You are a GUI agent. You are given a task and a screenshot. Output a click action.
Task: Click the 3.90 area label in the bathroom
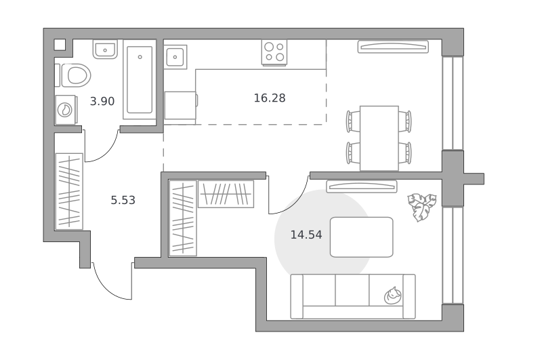pos(102,101)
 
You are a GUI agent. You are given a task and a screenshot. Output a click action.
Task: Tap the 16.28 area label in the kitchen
pos(270,98)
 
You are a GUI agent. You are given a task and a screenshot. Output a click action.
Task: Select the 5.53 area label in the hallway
pos(123,200)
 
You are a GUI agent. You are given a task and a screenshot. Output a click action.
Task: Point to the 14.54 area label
pos(306,235)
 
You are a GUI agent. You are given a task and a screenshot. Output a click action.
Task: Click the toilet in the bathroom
pos(75,75)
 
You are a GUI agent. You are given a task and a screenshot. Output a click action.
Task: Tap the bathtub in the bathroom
pos(140,80)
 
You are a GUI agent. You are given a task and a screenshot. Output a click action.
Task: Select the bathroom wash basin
pos(105,49)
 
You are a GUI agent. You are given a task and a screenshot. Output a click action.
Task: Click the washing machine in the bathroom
pos(65,110)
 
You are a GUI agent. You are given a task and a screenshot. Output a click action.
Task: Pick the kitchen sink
pos(175,57)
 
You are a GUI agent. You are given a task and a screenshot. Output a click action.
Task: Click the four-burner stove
pos(274,52)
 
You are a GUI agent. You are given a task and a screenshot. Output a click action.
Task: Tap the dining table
pos(379,138)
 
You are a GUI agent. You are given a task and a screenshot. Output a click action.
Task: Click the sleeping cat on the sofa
pos(393,296)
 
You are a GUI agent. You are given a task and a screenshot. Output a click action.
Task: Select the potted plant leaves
pos(421,207)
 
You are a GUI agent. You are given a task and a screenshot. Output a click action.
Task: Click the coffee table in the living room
pos(362,237)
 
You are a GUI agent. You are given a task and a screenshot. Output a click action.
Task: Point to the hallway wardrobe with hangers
pos(69,191)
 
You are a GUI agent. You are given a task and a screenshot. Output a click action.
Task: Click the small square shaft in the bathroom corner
pos(60,45)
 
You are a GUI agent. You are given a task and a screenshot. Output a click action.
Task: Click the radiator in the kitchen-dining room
pos(393,47)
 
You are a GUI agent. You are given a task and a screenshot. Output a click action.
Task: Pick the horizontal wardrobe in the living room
pos(226,194)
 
